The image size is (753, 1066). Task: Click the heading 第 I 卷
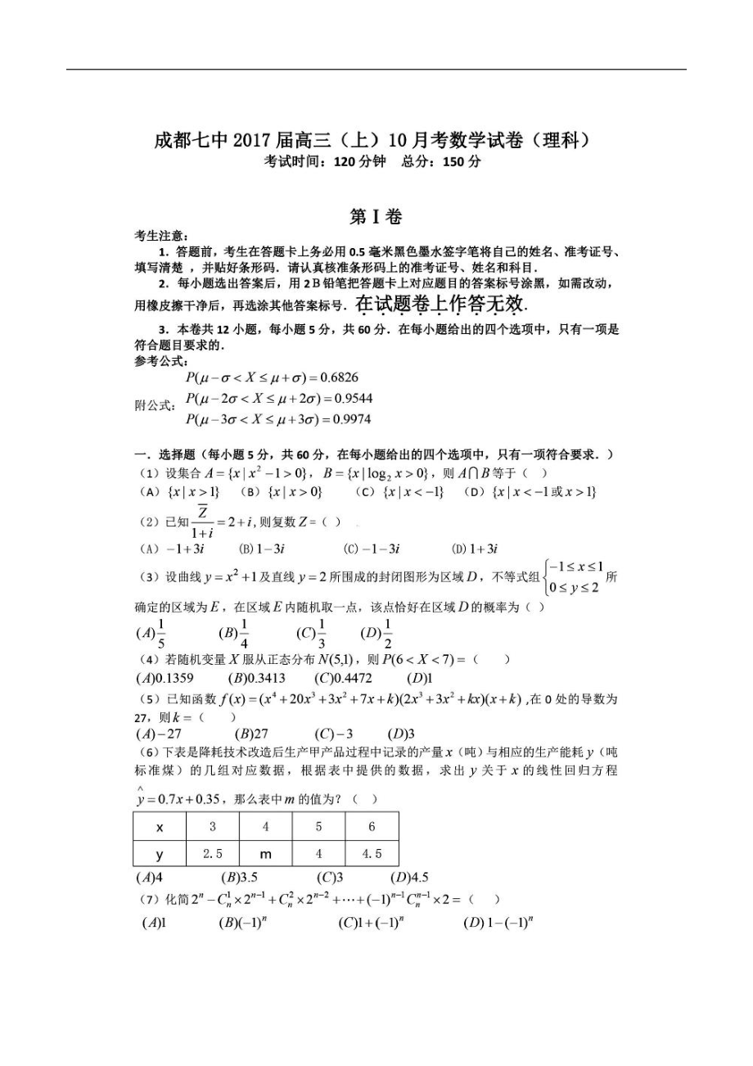[376, 216]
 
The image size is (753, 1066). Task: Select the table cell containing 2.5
[212, 854]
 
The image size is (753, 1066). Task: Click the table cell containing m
[265, 854]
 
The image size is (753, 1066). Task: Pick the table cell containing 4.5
[372, 854]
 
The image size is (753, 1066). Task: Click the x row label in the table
[160, 827]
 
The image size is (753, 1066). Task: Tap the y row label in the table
[160, 854]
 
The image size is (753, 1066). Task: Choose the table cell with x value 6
[372, 827]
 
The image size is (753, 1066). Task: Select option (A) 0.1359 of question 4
[165, 678]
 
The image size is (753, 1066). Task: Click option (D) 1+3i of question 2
[476, 549]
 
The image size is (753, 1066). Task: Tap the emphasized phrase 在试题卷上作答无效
[439, 305]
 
